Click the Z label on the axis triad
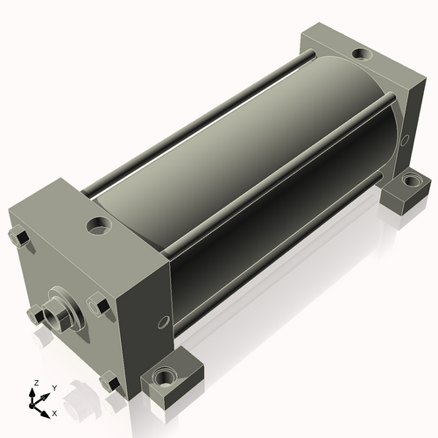(x=36, y=383)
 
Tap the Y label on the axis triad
(x=54, y=388)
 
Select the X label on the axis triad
(x=54, y=413)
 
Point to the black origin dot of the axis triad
(x=32, y=406)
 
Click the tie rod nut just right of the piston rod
(x=98, y=305)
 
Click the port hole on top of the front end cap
(x=98, y=226)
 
